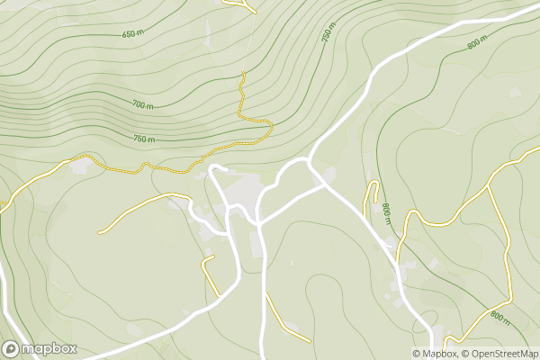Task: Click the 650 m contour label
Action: click(132, 34)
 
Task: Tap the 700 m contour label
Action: click(142, 105)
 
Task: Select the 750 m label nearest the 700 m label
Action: click(143, 139)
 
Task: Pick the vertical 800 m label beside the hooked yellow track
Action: click(386, 214)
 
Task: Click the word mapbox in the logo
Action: click(49, 349)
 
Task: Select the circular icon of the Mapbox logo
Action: click(11, 349)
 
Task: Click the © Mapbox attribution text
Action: click(435, 354)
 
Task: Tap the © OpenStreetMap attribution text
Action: click(499, 354)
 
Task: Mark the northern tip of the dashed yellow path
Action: click(243, 73)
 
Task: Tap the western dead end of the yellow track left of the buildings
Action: click(99, 233)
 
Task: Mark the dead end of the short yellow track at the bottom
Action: click(310, 341)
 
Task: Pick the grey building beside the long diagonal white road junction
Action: click(328, 175)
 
